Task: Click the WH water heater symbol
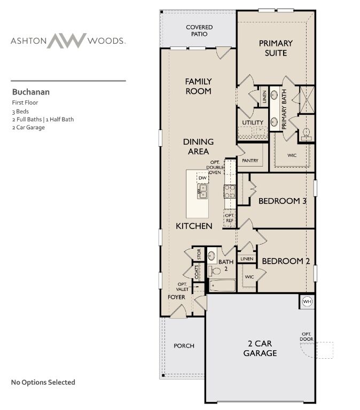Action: [x=307, y=302]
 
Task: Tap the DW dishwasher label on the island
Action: [x=202, y=178]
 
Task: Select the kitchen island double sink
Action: [x=202, y=191]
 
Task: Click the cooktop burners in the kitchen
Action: [x=230, y=192]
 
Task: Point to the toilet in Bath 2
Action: [x=214, y=271]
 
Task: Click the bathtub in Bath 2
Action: [x=222, y=285]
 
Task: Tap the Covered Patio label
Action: [x=199, y=30]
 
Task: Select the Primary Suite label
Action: [x=276, y=48]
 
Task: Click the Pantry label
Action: [x=250, y=161]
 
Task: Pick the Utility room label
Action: [x=253, y=122]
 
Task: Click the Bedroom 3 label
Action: [x=283, y=201]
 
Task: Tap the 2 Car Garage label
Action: [x=260, y=348]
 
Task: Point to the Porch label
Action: [x=184, y=346]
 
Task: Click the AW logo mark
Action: [x=67, y=41]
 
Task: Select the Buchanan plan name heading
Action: [x=31, y=92]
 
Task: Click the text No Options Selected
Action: [x=43, y=382]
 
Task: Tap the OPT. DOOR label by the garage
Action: [x=307, y=336]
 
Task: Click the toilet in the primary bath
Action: [x=306, y=134]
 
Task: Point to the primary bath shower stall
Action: [x=307, y=99]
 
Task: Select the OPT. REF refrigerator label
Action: [x=230, y=218]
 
